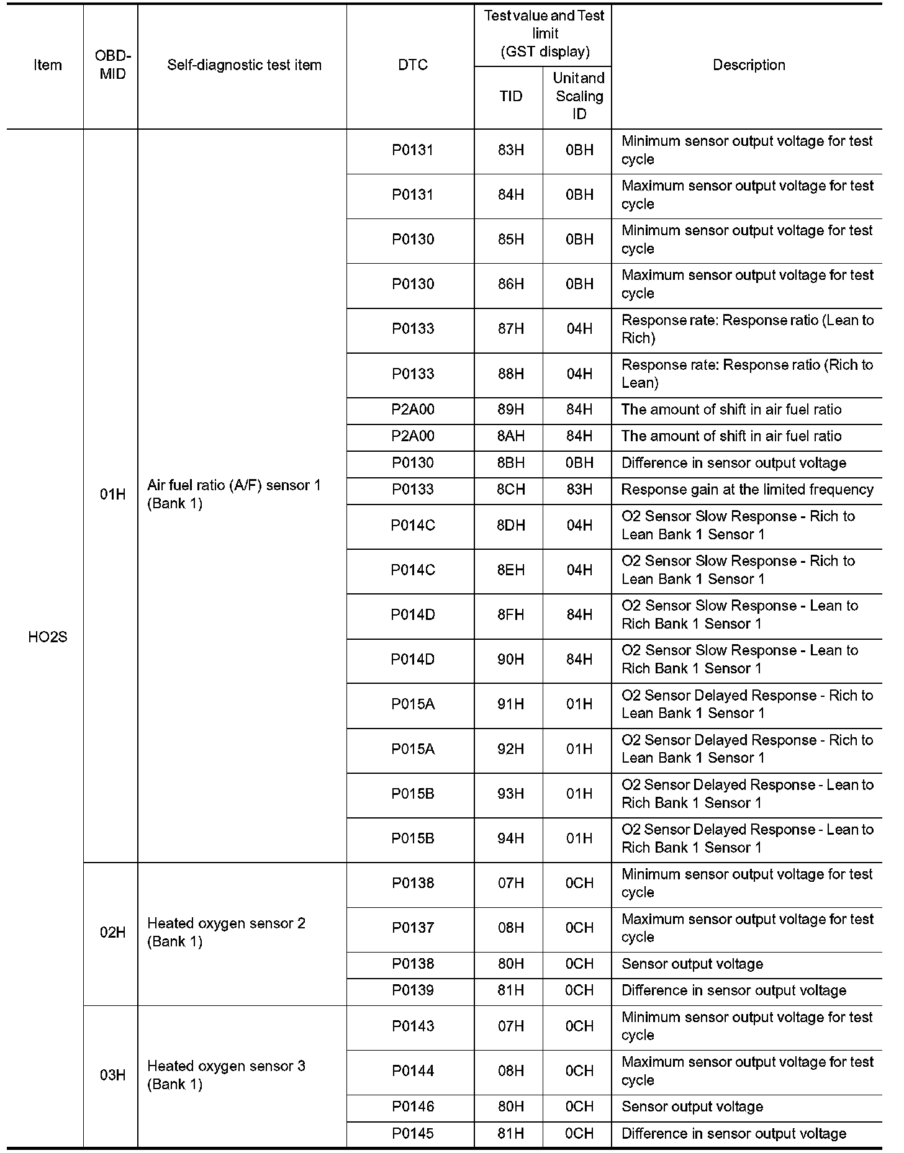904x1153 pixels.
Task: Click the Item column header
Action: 48,65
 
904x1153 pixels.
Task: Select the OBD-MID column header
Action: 112,65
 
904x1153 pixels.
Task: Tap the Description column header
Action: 748,65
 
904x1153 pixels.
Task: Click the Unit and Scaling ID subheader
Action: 579,96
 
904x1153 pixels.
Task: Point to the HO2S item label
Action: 48,637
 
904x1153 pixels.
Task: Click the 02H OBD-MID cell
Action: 112,932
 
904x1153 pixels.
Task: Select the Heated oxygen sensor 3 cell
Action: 226,1075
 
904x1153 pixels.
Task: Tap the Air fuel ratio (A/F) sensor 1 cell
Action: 234,494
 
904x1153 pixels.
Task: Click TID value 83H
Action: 510,150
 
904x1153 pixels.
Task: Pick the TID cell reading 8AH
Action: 510,436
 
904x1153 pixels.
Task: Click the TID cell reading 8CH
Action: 510,490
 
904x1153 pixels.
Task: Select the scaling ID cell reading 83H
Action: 579,490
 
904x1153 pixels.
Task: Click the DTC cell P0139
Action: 412,990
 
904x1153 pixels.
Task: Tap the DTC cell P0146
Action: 412,1106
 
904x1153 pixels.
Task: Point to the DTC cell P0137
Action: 412,928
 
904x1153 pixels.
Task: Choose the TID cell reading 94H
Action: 510,838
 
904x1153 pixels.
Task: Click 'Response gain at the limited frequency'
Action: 747,490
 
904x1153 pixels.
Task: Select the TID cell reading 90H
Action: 510,659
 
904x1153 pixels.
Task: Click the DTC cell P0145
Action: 412,1134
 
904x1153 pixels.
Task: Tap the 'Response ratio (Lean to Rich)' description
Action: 747,329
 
